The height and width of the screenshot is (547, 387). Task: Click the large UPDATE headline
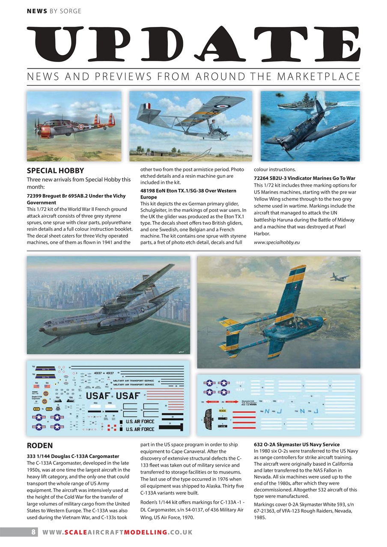click(193, 44)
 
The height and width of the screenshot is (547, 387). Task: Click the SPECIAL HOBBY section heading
click(56, 171)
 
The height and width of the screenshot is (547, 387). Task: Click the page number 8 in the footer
click(33, 532)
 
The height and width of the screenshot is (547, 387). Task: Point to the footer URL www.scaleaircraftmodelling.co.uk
click(117, 532)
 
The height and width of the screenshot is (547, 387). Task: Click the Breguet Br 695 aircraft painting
click(74, 126)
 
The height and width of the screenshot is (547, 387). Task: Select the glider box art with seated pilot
click(191, 126)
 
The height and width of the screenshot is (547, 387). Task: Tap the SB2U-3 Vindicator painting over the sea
click(310, 126)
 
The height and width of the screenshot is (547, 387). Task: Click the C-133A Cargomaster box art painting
click(108, 305)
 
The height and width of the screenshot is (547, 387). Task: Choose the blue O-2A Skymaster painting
click(278, 312)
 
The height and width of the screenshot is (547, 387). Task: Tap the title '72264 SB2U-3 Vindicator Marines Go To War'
click(304, 178)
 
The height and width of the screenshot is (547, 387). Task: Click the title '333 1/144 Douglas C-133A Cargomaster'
click(73, 456)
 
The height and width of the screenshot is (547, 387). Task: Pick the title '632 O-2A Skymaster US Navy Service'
click(297, 444)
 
